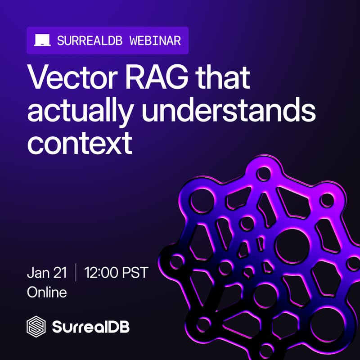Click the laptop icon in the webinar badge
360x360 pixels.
coord(41,40)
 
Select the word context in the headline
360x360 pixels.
coord(80,143)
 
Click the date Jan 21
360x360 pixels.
coord(47,273)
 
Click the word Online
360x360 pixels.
coord(47,292)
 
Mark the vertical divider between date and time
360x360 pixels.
coord(75,273)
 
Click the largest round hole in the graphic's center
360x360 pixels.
coord(292,247)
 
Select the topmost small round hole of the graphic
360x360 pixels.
coord(265,173)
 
